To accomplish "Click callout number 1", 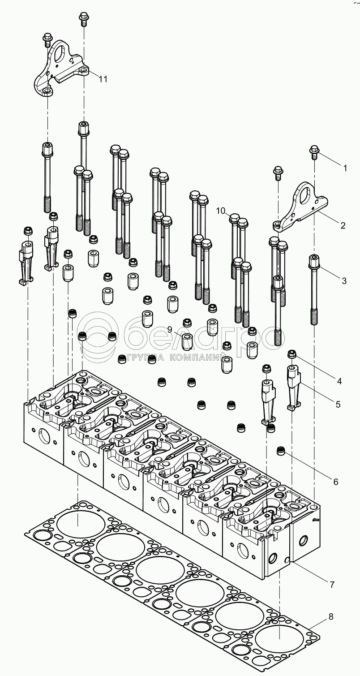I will click(345, 168).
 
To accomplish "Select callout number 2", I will click(343, 226).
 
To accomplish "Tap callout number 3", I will click(344, 281).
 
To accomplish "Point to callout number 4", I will click(339, 381).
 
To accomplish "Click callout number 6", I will click(335, 482).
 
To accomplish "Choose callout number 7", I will click(332, 585).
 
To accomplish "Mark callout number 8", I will click(330, 617).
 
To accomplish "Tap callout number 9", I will click(170, 329).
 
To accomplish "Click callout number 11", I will click(103, 79).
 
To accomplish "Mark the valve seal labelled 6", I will click(281, 450).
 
